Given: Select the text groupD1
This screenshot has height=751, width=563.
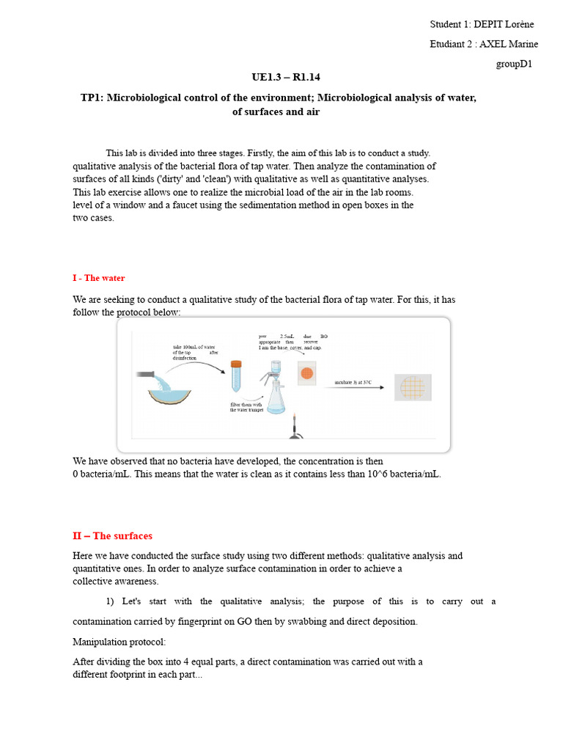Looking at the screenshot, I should (x=513, y=64).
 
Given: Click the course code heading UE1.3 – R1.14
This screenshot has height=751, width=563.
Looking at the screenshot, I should (x=286, y=77).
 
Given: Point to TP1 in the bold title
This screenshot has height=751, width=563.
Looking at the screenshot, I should (x=92, y=98).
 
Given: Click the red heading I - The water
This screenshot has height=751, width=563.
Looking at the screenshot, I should (x=99, y=278).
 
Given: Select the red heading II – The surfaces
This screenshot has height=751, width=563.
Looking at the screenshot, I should (x=113, y=536).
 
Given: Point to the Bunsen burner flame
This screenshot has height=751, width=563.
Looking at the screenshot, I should (x=295, y=421).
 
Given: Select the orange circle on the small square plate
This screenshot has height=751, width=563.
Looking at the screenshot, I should (x=307, y=374).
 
